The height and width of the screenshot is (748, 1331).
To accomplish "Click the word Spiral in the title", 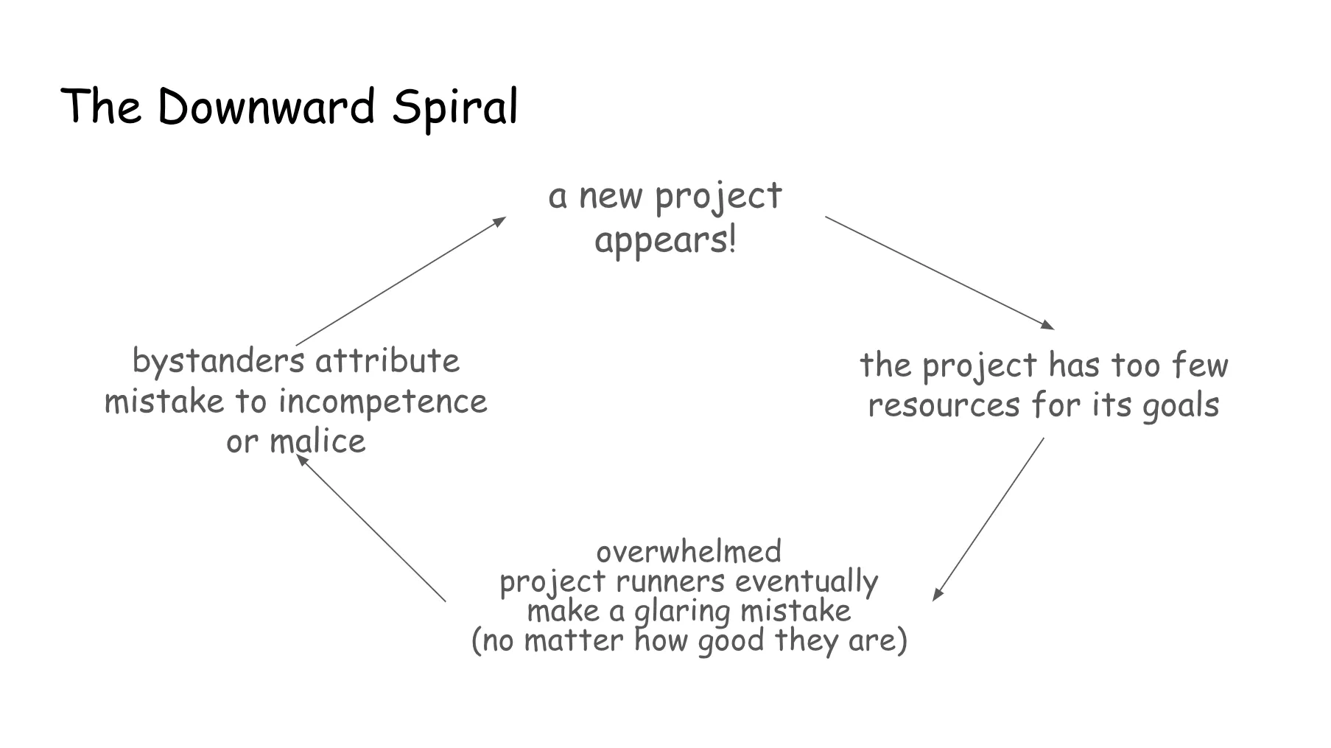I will pos(454,108).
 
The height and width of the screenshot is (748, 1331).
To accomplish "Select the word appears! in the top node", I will pos(665,240).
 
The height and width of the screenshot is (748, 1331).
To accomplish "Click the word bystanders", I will pos(218,361).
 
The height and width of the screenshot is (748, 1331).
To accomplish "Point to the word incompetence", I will pos(382,402).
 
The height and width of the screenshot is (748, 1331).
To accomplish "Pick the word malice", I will pos(317,441).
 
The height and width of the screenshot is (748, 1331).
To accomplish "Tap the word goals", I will pos(1180,406).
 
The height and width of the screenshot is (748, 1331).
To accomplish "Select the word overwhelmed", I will pos(689,551).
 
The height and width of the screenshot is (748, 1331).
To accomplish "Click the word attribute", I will pos(387,361).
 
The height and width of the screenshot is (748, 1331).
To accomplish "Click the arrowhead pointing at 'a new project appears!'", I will pos(500,220).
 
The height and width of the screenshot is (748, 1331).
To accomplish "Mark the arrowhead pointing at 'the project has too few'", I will pos(1048,325).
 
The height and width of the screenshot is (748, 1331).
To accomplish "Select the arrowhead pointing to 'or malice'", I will pos(301,459).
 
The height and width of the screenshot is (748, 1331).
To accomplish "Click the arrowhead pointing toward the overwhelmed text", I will pos(937,595).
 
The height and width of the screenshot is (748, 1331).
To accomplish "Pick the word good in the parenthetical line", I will pos(731,640).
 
